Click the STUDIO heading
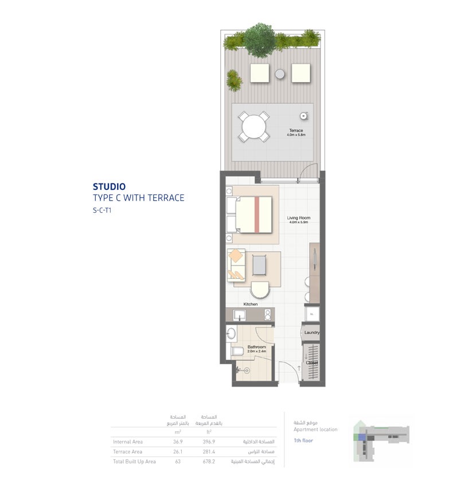109,186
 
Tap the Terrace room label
296,131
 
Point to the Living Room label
298,218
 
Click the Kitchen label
251,304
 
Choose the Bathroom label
256,347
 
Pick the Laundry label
311,333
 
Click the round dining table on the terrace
253,126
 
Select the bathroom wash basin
232,333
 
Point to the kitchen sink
239,315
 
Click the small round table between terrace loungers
280,73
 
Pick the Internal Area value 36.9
178,442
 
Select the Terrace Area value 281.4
209,451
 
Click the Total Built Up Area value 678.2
209,461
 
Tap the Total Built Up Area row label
134,461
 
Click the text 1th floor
303,440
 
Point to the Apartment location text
315,429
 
